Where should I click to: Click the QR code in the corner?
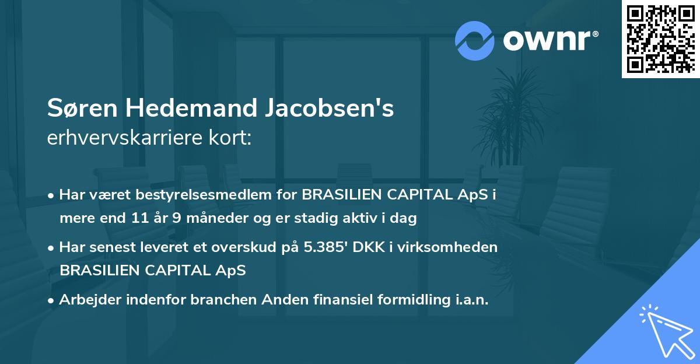coord(661,38)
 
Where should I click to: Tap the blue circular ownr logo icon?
coord(475,41)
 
